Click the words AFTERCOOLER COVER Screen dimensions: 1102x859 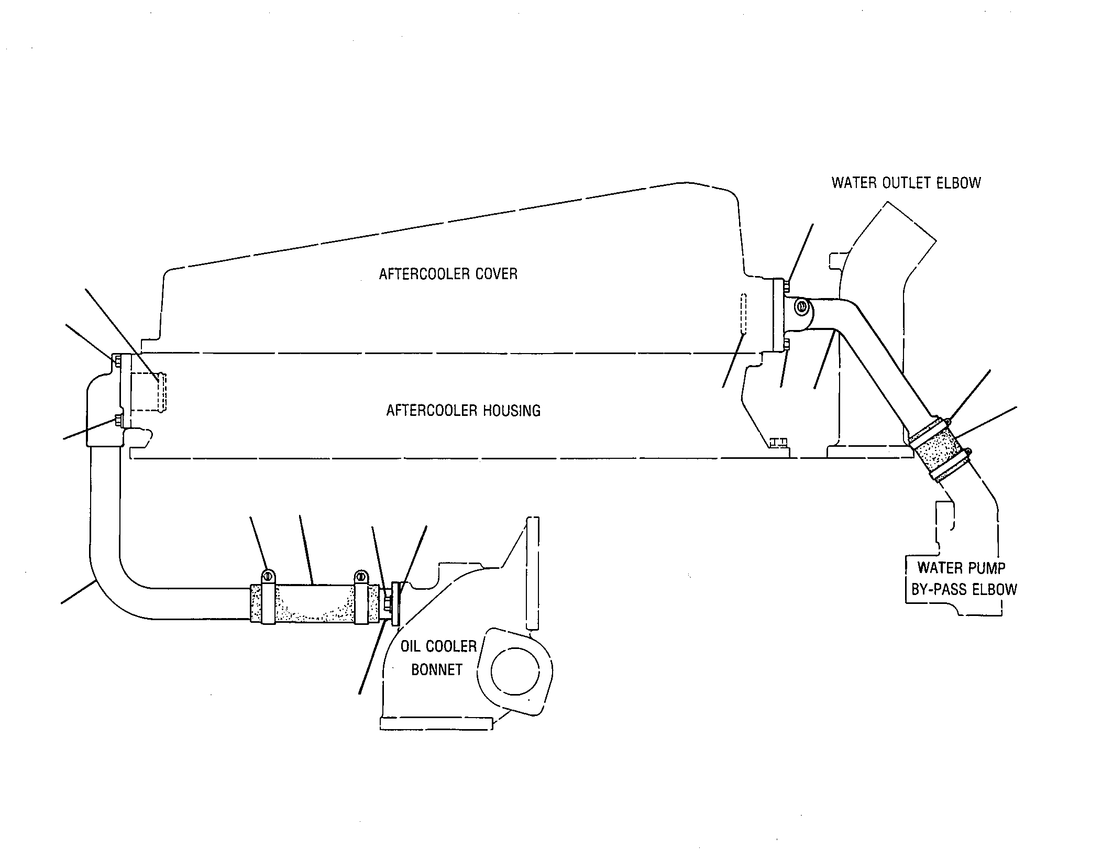448,274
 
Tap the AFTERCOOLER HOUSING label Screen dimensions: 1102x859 463,410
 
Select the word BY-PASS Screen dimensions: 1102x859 939,590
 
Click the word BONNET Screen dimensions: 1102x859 437,670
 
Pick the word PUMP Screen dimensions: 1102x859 987,568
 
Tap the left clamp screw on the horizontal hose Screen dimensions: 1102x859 267,576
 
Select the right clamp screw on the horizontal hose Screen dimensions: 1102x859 361,576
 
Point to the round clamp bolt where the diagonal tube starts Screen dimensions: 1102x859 801,307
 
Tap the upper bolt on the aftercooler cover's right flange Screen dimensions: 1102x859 786,285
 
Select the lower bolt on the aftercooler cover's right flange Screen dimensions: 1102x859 786,344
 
